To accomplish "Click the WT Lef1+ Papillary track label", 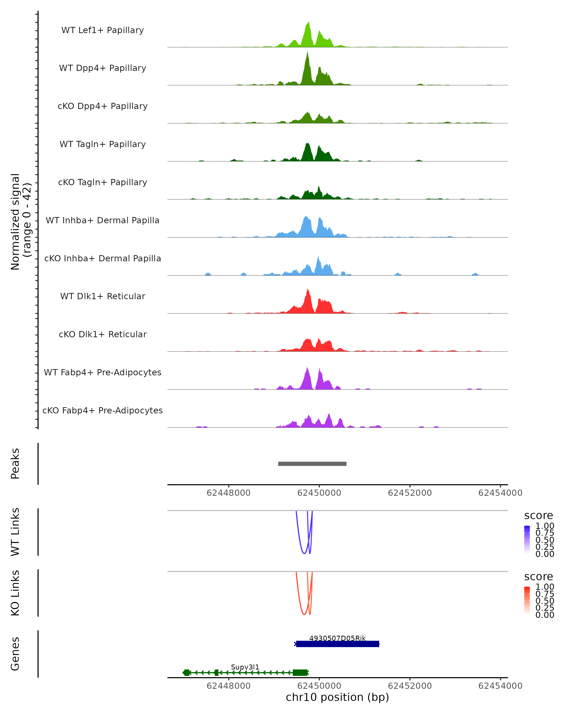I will click(103, 30).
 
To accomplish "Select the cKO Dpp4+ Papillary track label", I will click(103, 106).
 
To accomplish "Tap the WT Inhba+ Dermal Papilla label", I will click(103, 220).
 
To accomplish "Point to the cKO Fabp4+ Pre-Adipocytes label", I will click(103, 410).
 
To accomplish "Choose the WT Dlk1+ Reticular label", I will click(103, 296).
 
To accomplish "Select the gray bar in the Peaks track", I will click(312, 464).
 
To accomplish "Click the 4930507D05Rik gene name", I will click(337, 638).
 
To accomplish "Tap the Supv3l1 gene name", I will click(245, 667).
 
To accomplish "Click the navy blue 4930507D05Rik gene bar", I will click(337, 644).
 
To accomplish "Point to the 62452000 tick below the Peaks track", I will click(409, 493).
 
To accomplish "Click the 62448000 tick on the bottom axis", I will click(228, 685).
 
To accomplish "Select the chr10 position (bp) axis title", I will click(337, 697).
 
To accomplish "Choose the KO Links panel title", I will click(15, 593).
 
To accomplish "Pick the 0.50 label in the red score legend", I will click(545, 601).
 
